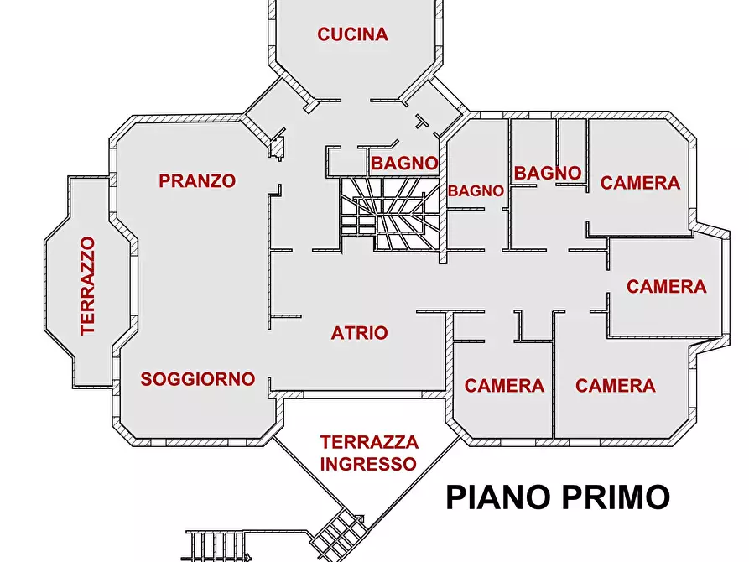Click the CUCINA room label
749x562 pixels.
click(352, 34)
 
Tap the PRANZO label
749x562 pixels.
click(197, 180)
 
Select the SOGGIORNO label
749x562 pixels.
click(197, 379)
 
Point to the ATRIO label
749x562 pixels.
click(359, 333)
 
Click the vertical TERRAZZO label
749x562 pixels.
click(87, 286)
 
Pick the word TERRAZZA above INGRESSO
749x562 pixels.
click(369, 442)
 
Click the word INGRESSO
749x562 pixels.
click(368, 464)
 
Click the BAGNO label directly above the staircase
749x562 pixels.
click(404, 163)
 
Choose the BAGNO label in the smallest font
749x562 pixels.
click(476, 191)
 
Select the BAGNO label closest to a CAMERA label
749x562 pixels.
click(548, 173)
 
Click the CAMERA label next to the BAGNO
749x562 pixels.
click(640, 183)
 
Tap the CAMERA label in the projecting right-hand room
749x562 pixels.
click(666, 287)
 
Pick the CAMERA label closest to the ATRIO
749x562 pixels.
click(504, 386)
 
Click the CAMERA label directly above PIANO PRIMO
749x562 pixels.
click(615, 386)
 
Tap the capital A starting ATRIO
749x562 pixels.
click(337, 333)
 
